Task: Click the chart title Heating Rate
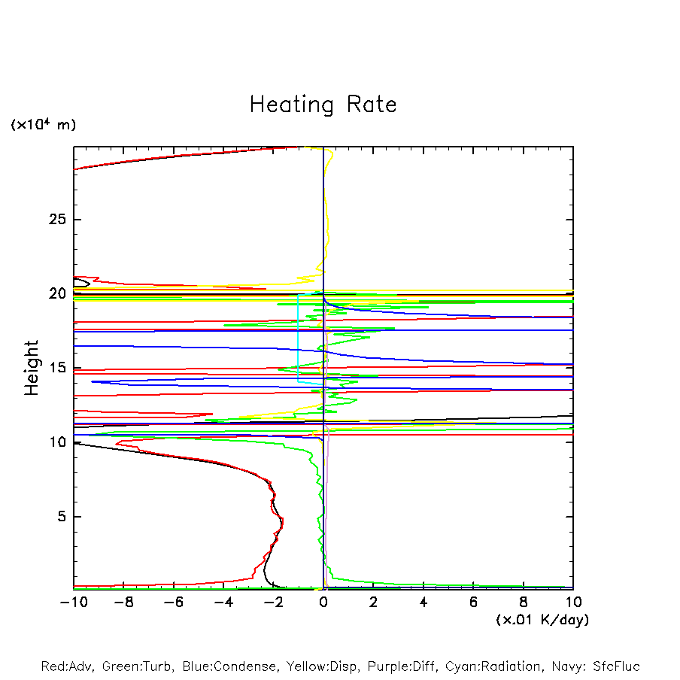pos(323,104)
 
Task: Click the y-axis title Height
pos(32,368)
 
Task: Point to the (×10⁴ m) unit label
pos(43,125)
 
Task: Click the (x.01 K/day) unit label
pos(542,619)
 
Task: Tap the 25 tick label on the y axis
pos(58,220)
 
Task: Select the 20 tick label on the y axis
pos(58,293)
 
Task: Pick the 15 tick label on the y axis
pos(58,368)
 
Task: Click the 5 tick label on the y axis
pos(62,517)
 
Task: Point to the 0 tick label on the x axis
pos(323,602)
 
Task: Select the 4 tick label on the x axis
pos(423,602)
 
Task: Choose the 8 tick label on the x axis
pos(524,602)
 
